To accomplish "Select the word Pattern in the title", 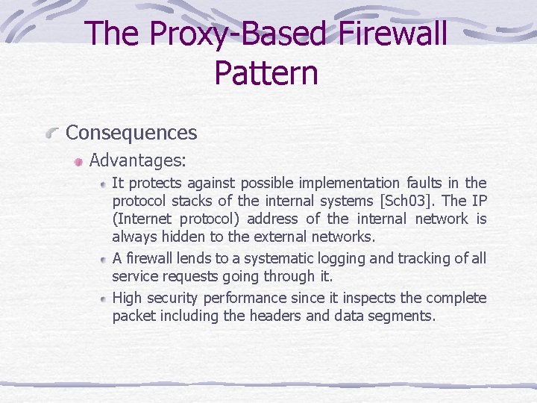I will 266,73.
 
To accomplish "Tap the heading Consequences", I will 131,133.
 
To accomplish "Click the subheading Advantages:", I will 138,160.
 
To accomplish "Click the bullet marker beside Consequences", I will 51,134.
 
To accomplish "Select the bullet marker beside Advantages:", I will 78,160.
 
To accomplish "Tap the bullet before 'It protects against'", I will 103,183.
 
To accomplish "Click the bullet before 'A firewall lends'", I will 103,259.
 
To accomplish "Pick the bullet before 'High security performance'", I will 103,298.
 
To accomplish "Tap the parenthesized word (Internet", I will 142,219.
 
